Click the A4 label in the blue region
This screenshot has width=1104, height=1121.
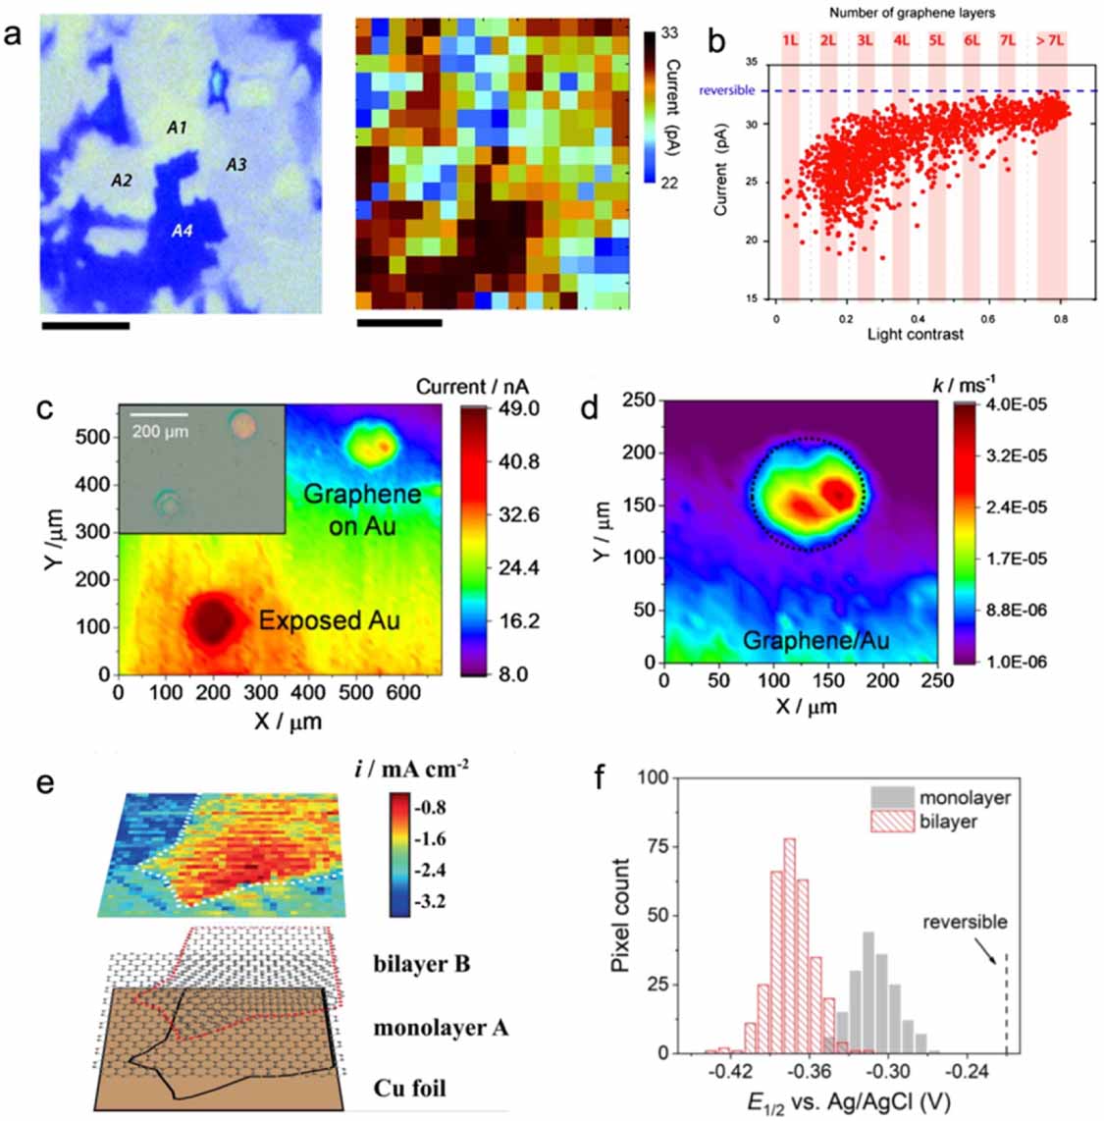click(183, 231)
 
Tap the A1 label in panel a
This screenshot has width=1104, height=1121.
click(177, 128)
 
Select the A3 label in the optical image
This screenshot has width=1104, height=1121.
click(236, 165)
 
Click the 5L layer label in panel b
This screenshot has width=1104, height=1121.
click(936, 41)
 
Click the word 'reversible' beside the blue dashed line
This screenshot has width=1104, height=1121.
click(727, 90)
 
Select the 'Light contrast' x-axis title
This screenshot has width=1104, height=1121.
click(915, 335)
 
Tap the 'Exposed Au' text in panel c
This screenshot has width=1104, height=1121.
click(329, 619)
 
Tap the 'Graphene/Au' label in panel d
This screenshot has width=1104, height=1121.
click(815, 641)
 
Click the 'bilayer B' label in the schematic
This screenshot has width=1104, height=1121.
click(422, 963)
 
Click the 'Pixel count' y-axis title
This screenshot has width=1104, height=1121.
click(620, 915)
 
